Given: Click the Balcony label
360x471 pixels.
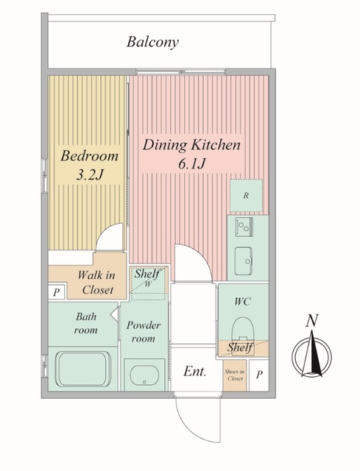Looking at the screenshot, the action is (x=152, y=42).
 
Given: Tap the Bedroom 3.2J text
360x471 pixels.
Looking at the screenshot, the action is (x=90, y=165).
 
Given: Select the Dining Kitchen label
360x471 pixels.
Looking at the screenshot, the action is (x=191, y=145).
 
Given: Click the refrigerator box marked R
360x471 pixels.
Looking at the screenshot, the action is (x=246, y=196).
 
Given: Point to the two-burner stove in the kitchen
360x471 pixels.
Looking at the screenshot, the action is (x=244, y=227).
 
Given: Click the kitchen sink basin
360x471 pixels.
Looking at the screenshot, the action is (x=243, y=261).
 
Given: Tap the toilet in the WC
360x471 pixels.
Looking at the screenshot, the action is (x=243, y=329).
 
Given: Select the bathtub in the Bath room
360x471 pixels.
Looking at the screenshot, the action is (x=83, y=369).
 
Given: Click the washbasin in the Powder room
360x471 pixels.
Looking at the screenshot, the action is (x=144, y=375).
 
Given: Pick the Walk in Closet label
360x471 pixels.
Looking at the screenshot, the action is (x=96, y=283).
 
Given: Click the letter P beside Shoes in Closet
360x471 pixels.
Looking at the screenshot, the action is (x=259, y=375).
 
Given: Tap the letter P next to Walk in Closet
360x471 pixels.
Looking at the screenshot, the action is (x=56, y=292).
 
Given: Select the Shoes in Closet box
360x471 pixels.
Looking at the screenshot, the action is (x=235, y=375).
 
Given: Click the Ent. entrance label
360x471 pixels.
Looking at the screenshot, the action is (x=195, y=372).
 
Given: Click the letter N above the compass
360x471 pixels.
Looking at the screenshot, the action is (x=312, y=321).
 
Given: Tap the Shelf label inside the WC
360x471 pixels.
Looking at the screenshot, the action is (x=240, y=347).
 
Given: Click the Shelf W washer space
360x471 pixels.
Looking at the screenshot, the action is (x=149, y=283).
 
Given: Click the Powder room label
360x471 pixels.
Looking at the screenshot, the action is (x=144, y=332).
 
